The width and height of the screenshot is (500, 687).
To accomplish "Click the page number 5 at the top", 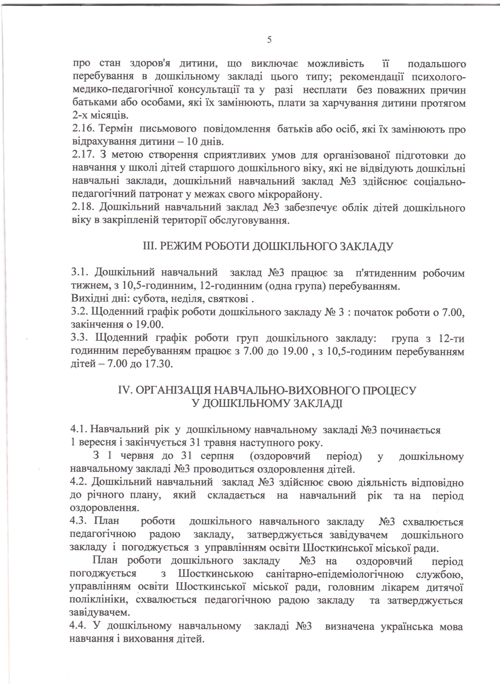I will tap(269, 40).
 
